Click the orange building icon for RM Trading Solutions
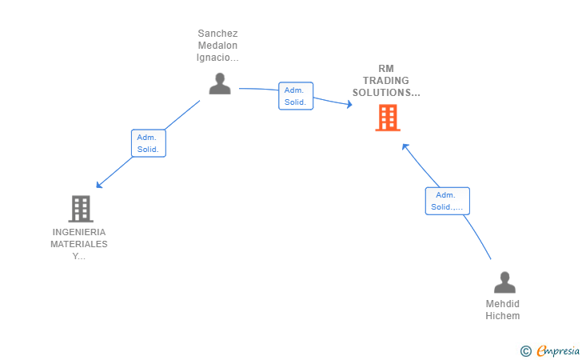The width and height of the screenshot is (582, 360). click(388, 118)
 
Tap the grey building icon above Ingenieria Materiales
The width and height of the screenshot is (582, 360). click(81, 209)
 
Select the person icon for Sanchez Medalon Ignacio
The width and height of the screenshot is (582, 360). click(220, 83)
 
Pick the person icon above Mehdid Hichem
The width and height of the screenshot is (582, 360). click(504, 282)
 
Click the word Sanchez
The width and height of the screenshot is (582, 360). click(217, 34)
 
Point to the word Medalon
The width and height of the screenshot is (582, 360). click(217, 46)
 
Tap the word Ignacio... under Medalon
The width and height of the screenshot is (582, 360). click(217, 58)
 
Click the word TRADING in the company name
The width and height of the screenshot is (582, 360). click(386, 81)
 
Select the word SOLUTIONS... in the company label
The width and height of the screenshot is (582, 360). click(386, 93)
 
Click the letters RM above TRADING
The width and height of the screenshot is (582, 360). click(386, 69)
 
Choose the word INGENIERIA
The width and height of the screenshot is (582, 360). click(79, 232)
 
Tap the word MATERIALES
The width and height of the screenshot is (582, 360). click(79, 244)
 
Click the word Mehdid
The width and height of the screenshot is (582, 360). click(503, 304)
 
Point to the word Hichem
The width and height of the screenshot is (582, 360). click(503, 316)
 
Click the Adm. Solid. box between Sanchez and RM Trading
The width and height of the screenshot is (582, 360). click(296, 96)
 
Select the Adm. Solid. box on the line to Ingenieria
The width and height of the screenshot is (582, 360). click(149, 143)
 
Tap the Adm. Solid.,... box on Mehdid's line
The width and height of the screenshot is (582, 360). click(447, 201)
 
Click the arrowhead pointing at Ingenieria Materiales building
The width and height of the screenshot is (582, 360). click(99, 185)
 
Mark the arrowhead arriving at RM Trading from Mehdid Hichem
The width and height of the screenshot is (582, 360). click(405, 146)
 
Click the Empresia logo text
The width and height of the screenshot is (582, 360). click(558, 350)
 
